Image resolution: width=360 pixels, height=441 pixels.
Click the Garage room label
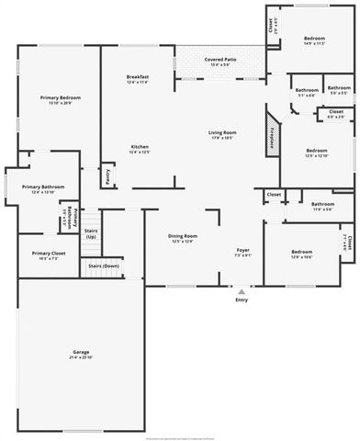(81, 352)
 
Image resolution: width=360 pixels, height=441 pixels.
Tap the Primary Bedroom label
(59, 96)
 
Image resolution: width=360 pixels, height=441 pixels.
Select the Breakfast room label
(139, 76)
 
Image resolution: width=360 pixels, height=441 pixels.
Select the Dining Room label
(182, 237)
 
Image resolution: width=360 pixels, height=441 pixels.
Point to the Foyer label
(242, 250)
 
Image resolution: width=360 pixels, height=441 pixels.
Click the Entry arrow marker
(242, 291)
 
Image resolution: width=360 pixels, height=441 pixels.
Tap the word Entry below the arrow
(242, 300)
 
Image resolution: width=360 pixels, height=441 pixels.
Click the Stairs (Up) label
(91, 234)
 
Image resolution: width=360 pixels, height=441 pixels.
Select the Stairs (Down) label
(104, 266)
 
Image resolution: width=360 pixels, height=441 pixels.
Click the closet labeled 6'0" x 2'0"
(336, 114)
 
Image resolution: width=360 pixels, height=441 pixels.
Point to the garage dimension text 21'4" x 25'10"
(81, 357)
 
